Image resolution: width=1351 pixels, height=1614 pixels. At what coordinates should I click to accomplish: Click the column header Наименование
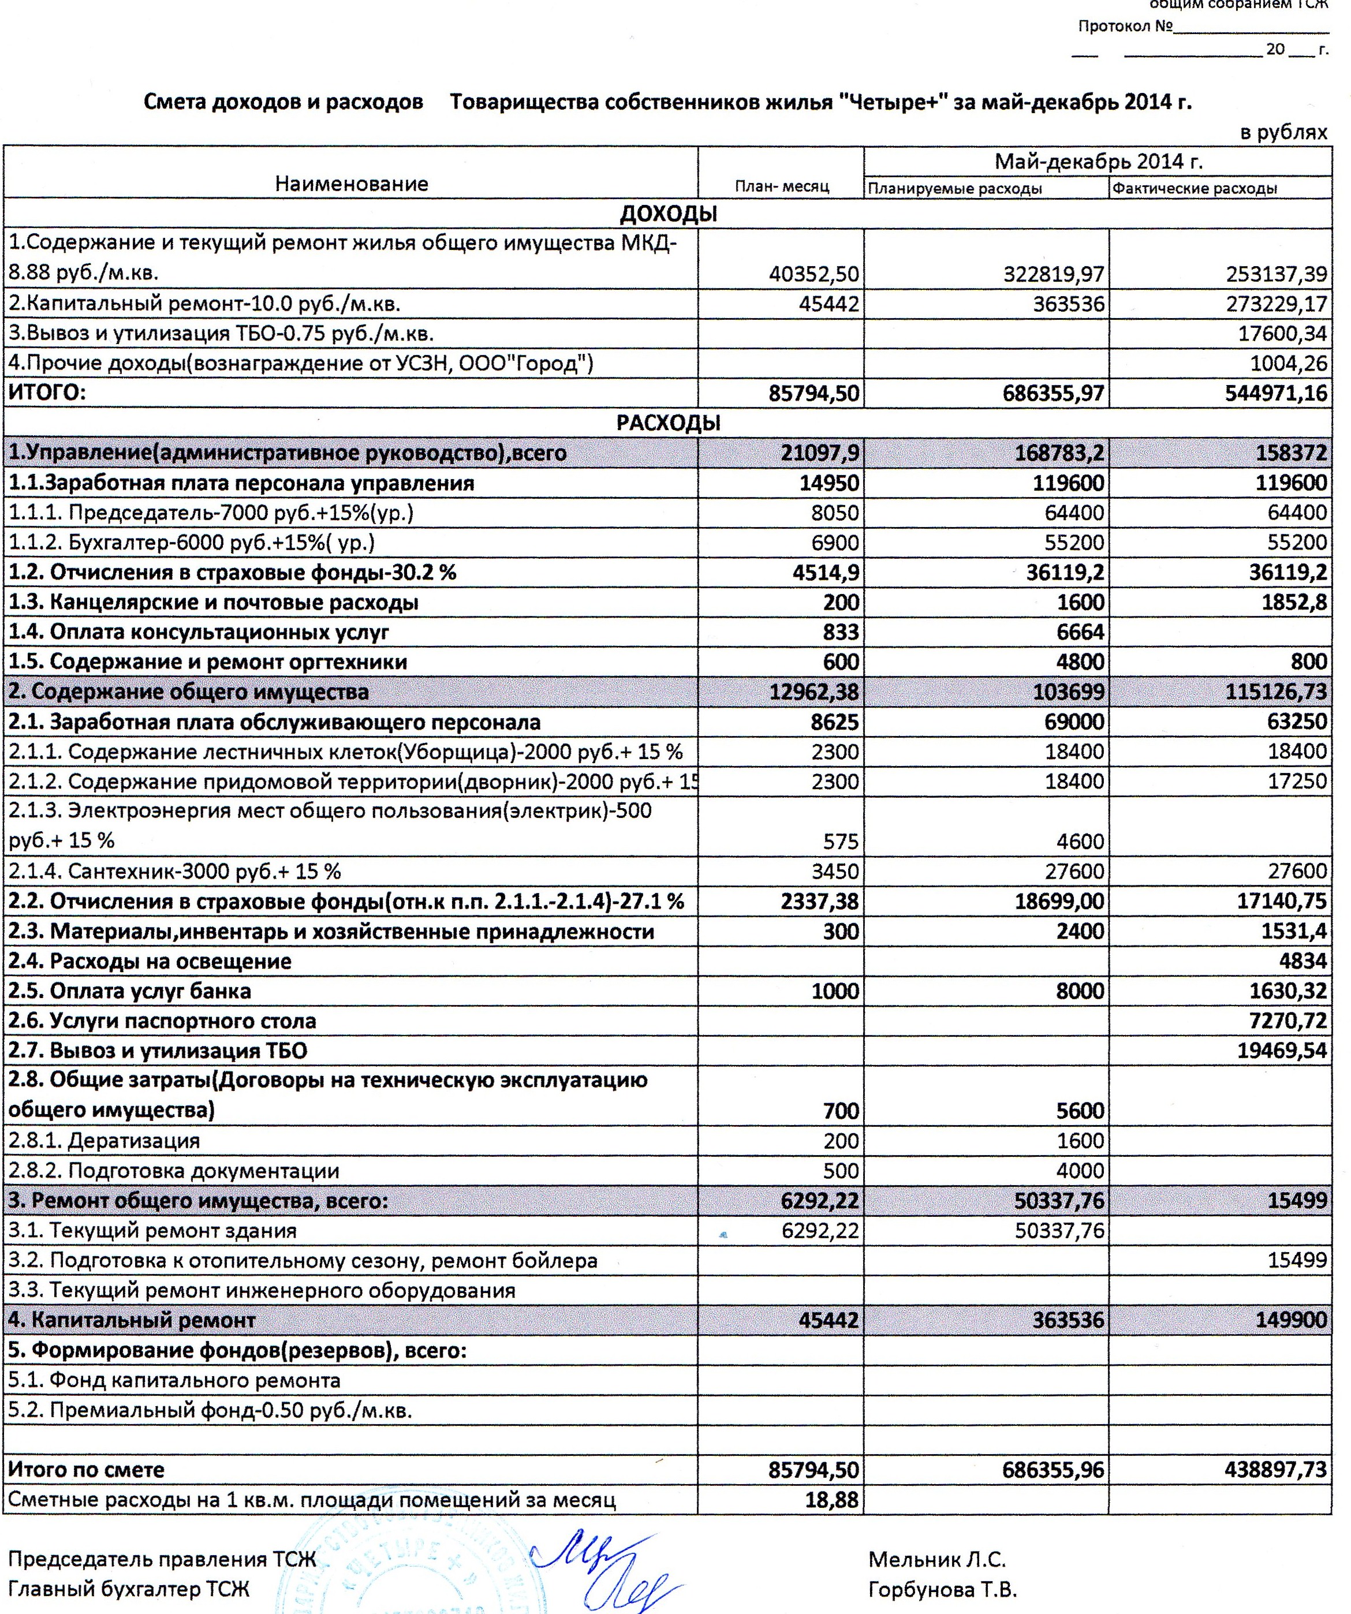pyautogui.click(x=351, y=184)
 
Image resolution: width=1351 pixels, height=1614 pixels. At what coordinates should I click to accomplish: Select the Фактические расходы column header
pyautogui.click(x=1194, y=188)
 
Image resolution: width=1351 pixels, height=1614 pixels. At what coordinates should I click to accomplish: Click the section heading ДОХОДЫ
pyautogui.click(x=668, y=214)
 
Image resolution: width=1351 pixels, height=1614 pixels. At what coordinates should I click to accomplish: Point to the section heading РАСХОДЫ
pyautogui.click(x=668, y=423)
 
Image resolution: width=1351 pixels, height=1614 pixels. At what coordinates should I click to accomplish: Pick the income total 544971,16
pyautogui.click(x=1276, y=394)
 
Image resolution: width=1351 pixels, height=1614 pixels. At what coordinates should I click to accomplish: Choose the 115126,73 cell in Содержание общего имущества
pyautogui.click(x=1276, y=692)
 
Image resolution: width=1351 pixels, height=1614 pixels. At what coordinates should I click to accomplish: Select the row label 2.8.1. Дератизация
pyautogui.click(x=105, y=1141)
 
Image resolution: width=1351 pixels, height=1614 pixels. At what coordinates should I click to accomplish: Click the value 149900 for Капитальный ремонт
pyautogui.click(x=1289, y=1320)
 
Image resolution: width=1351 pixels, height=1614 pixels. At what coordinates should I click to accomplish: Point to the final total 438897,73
pyautogui.click(x=1276, y=1470)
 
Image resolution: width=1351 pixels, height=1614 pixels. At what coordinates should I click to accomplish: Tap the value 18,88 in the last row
pyautogui.click(x=831, y=1500)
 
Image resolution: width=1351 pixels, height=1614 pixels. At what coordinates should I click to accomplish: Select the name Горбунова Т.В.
pyautogui.click(x=942, y=1589)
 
